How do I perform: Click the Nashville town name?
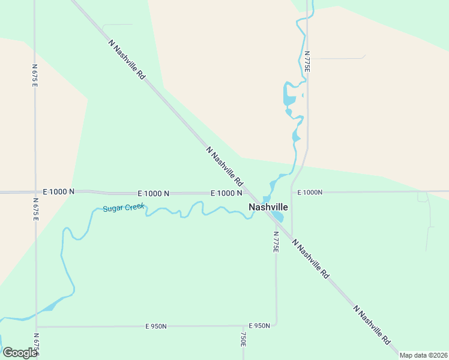[x=268, y=207]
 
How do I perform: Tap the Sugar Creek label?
[x=124, y=208]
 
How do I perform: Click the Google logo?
[x=19, y=352]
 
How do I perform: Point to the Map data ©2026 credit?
[x=423, y=355]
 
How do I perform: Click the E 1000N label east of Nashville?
[x=310, y=193]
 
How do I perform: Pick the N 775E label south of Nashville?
[x=276, y=242]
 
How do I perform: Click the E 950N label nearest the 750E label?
[x=259, y=326]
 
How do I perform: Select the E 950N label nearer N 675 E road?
[x=156, y=326]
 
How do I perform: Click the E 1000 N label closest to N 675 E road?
[x=59, y=191]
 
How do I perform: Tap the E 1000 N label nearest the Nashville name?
[x=226, y=193]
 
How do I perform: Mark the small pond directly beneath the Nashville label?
[x=277, y=216]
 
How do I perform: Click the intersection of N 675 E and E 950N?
[x=37, y=327]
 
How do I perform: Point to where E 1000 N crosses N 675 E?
[x=35, y=193]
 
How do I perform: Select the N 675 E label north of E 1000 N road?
[x=35, y=76]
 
